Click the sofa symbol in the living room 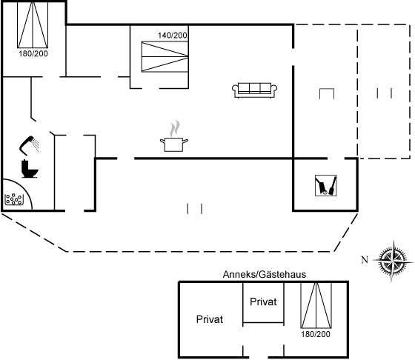[x=254, y=90]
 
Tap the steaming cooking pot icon [x=174, y=136]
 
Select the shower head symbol [x=29, y=144]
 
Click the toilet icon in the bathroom [x=30, y=168]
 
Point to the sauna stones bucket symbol [x=14, y=199]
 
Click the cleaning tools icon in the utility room [x=326, y=185]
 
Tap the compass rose [x=393, y=261]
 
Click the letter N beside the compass [x=365, y=260]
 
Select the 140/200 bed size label [x=173, y=36]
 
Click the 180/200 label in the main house [x=33, y=53]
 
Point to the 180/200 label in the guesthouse [x=316, y=334]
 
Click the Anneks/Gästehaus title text [x=265, y=275]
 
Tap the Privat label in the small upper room [x=263, y=301]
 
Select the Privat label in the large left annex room [x=210, y=319]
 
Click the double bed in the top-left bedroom [x=33, y=25]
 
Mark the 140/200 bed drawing [x=165, y=56]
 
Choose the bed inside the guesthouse [x=316, y=305]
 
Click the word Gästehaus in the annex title [x=282, y=275]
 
